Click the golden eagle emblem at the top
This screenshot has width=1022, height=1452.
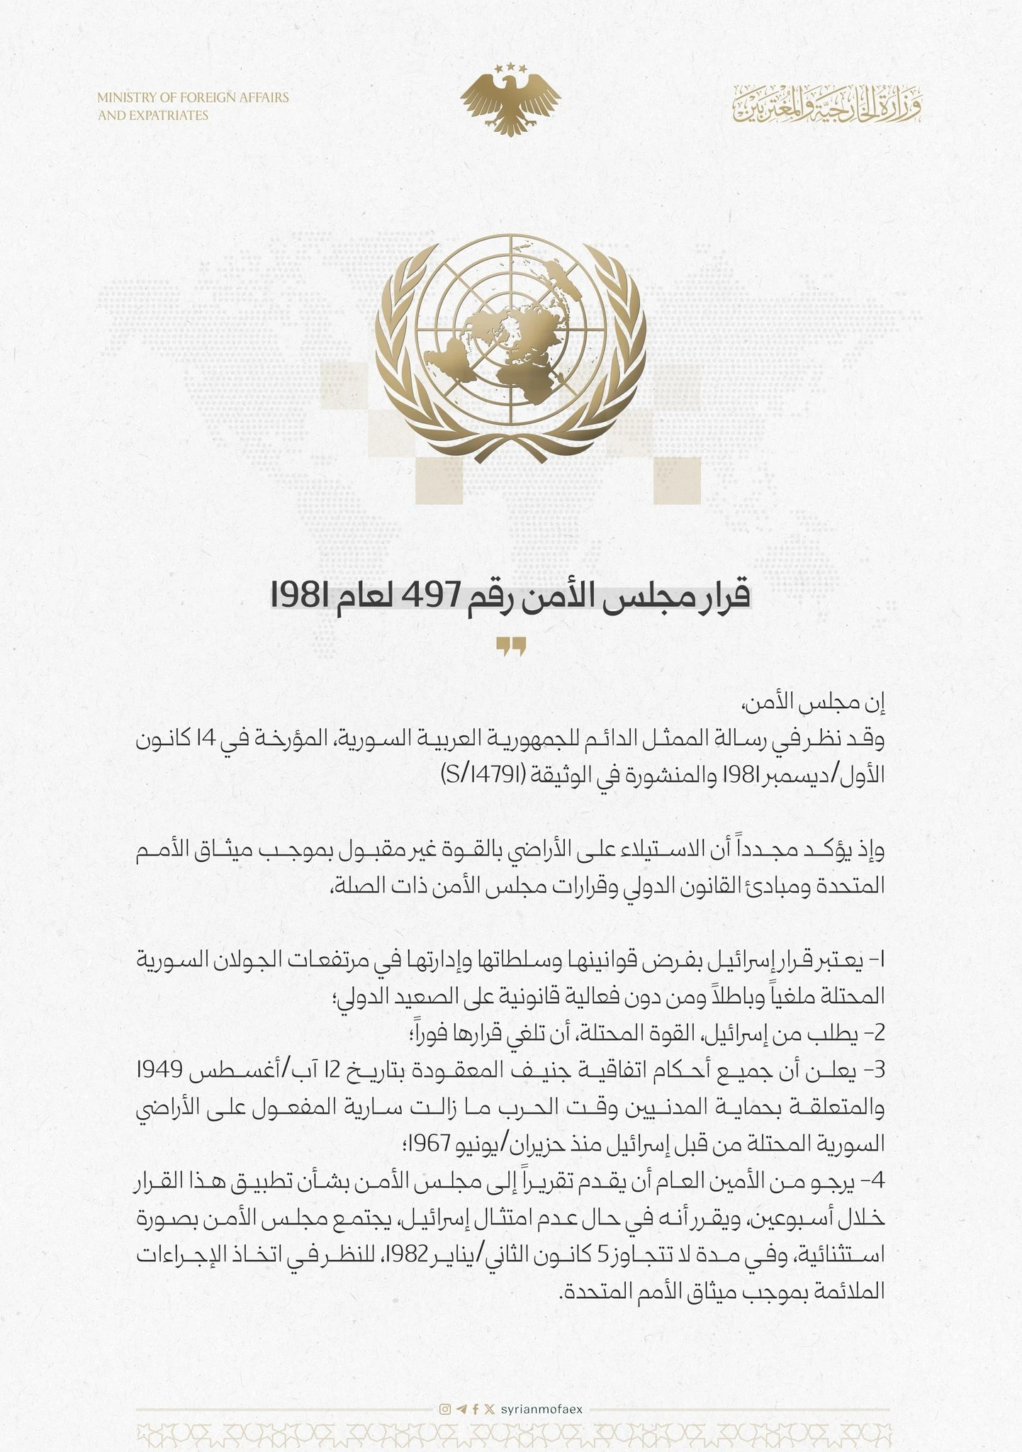510,103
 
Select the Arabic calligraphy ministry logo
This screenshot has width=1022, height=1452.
827,104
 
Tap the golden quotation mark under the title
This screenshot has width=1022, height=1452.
510,647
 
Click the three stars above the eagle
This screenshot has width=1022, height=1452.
510,68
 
